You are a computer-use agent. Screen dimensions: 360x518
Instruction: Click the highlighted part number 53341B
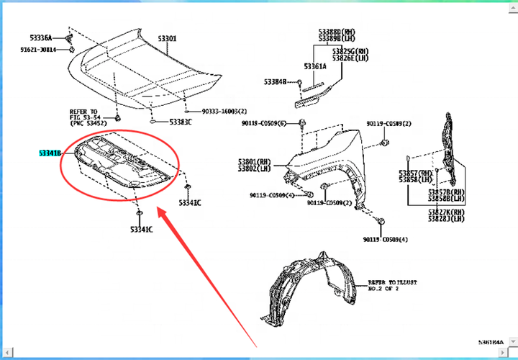(50, 153)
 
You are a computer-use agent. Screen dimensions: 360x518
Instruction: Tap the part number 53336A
(40, 37)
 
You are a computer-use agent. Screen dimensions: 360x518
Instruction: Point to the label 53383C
(181, 122)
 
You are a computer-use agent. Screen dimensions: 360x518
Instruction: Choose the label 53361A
(314, 66)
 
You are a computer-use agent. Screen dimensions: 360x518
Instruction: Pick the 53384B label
(275, 82)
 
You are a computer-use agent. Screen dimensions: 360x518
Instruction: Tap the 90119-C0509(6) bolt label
(263, 124)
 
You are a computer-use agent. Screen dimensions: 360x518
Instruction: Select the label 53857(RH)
(417, 174)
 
